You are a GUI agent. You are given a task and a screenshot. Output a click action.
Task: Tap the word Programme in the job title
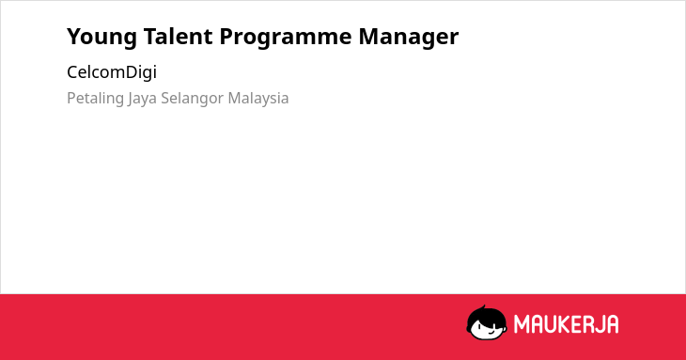point(286,38)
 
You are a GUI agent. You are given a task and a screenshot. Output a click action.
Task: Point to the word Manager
point(408,38)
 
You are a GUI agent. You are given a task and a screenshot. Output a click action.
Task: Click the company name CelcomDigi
point(112,72)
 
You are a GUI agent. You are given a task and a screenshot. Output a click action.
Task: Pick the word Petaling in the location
point(95,99)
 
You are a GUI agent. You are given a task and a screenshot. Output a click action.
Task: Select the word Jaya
point(142,99)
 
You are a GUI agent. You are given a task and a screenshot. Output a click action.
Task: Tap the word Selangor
point(192,99)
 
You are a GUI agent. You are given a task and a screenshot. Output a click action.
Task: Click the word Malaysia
point(258,98)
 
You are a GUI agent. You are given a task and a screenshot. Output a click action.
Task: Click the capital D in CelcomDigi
point(132,72)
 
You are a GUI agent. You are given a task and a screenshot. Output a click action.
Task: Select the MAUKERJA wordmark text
point(566,324)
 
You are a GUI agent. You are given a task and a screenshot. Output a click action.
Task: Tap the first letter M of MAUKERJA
point(522,324)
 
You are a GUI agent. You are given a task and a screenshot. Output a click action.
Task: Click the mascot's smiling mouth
point(490,332)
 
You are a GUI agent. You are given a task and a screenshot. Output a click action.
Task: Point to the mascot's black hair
point(486,316)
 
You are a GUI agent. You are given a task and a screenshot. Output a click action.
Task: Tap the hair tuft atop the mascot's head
point(483,307)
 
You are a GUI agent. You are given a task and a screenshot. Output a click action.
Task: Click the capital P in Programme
point(226,36)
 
